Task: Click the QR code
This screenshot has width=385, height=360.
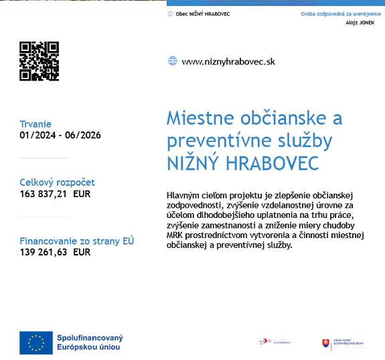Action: point(39,61)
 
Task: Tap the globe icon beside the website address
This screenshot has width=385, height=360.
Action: point(173,61)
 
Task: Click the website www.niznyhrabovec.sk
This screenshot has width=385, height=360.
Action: point(228,62)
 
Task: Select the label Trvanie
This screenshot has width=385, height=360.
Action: point(35,124)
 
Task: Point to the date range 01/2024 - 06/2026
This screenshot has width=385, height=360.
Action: point(60,135)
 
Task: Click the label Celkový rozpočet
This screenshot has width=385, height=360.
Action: point(58,182)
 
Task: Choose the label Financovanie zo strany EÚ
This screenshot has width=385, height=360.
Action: point(77,241)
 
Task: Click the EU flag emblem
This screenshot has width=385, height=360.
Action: point(36,343)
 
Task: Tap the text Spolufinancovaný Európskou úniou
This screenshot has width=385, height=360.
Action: point(90,343)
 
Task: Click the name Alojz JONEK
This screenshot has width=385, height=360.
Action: point(360,23)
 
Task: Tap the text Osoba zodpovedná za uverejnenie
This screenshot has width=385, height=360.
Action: point(341,13)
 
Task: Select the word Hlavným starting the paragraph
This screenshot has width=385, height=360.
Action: point(183,196)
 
